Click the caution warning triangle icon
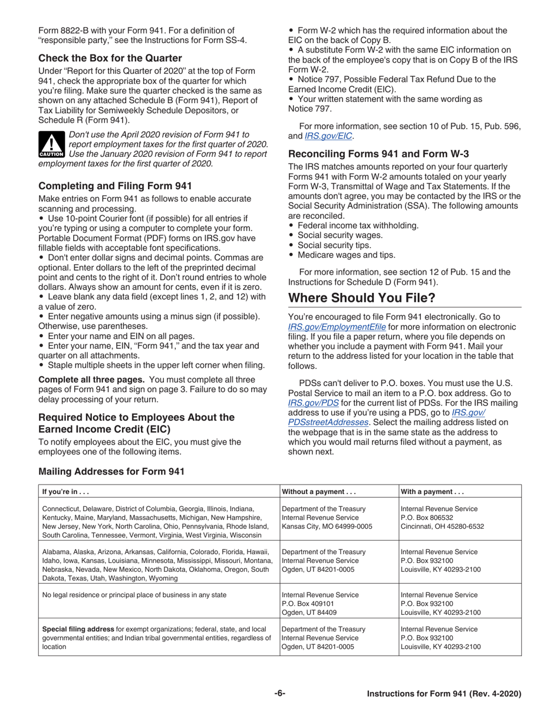click(51, 143)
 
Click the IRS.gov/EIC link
click(329, 136)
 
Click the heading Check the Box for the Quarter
click(110, 58)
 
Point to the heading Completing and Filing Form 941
click(115, 186)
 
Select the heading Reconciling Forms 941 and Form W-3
click(378, 154)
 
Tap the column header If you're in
click(65, 492)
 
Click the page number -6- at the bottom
click(279, 694)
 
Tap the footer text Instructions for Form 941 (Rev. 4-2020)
click(444, 694)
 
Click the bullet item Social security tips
click(334, 245)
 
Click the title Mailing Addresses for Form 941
click(111, 472)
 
